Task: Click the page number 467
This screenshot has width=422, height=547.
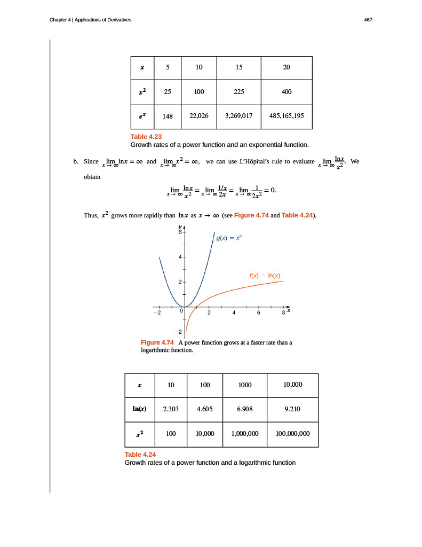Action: coord(368,20)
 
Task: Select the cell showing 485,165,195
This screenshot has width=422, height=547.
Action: coord(286,115)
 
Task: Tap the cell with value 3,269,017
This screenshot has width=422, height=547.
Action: coord(238,115)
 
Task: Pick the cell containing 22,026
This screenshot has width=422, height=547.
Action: coord(198,115)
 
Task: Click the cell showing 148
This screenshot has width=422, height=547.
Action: coord(168,115)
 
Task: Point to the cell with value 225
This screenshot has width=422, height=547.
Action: coord(238,91)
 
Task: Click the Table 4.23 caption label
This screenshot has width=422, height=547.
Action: coord(146,137)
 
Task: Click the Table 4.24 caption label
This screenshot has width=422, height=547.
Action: coord(140,455)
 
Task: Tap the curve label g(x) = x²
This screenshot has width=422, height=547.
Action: coord(229,238)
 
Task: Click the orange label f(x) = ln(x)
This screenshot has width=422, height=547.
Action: coord(265,276)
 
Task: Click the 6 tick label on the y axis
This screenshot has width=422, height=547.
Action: coord(180,232)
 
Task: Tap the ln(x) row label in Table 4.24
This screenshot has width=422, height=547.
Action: coord(140,409)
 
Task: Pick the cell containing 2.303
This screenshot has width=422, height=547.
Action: coord(170,409)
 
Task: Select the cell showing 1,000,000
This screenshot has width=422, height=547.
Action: coord(245,434)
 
